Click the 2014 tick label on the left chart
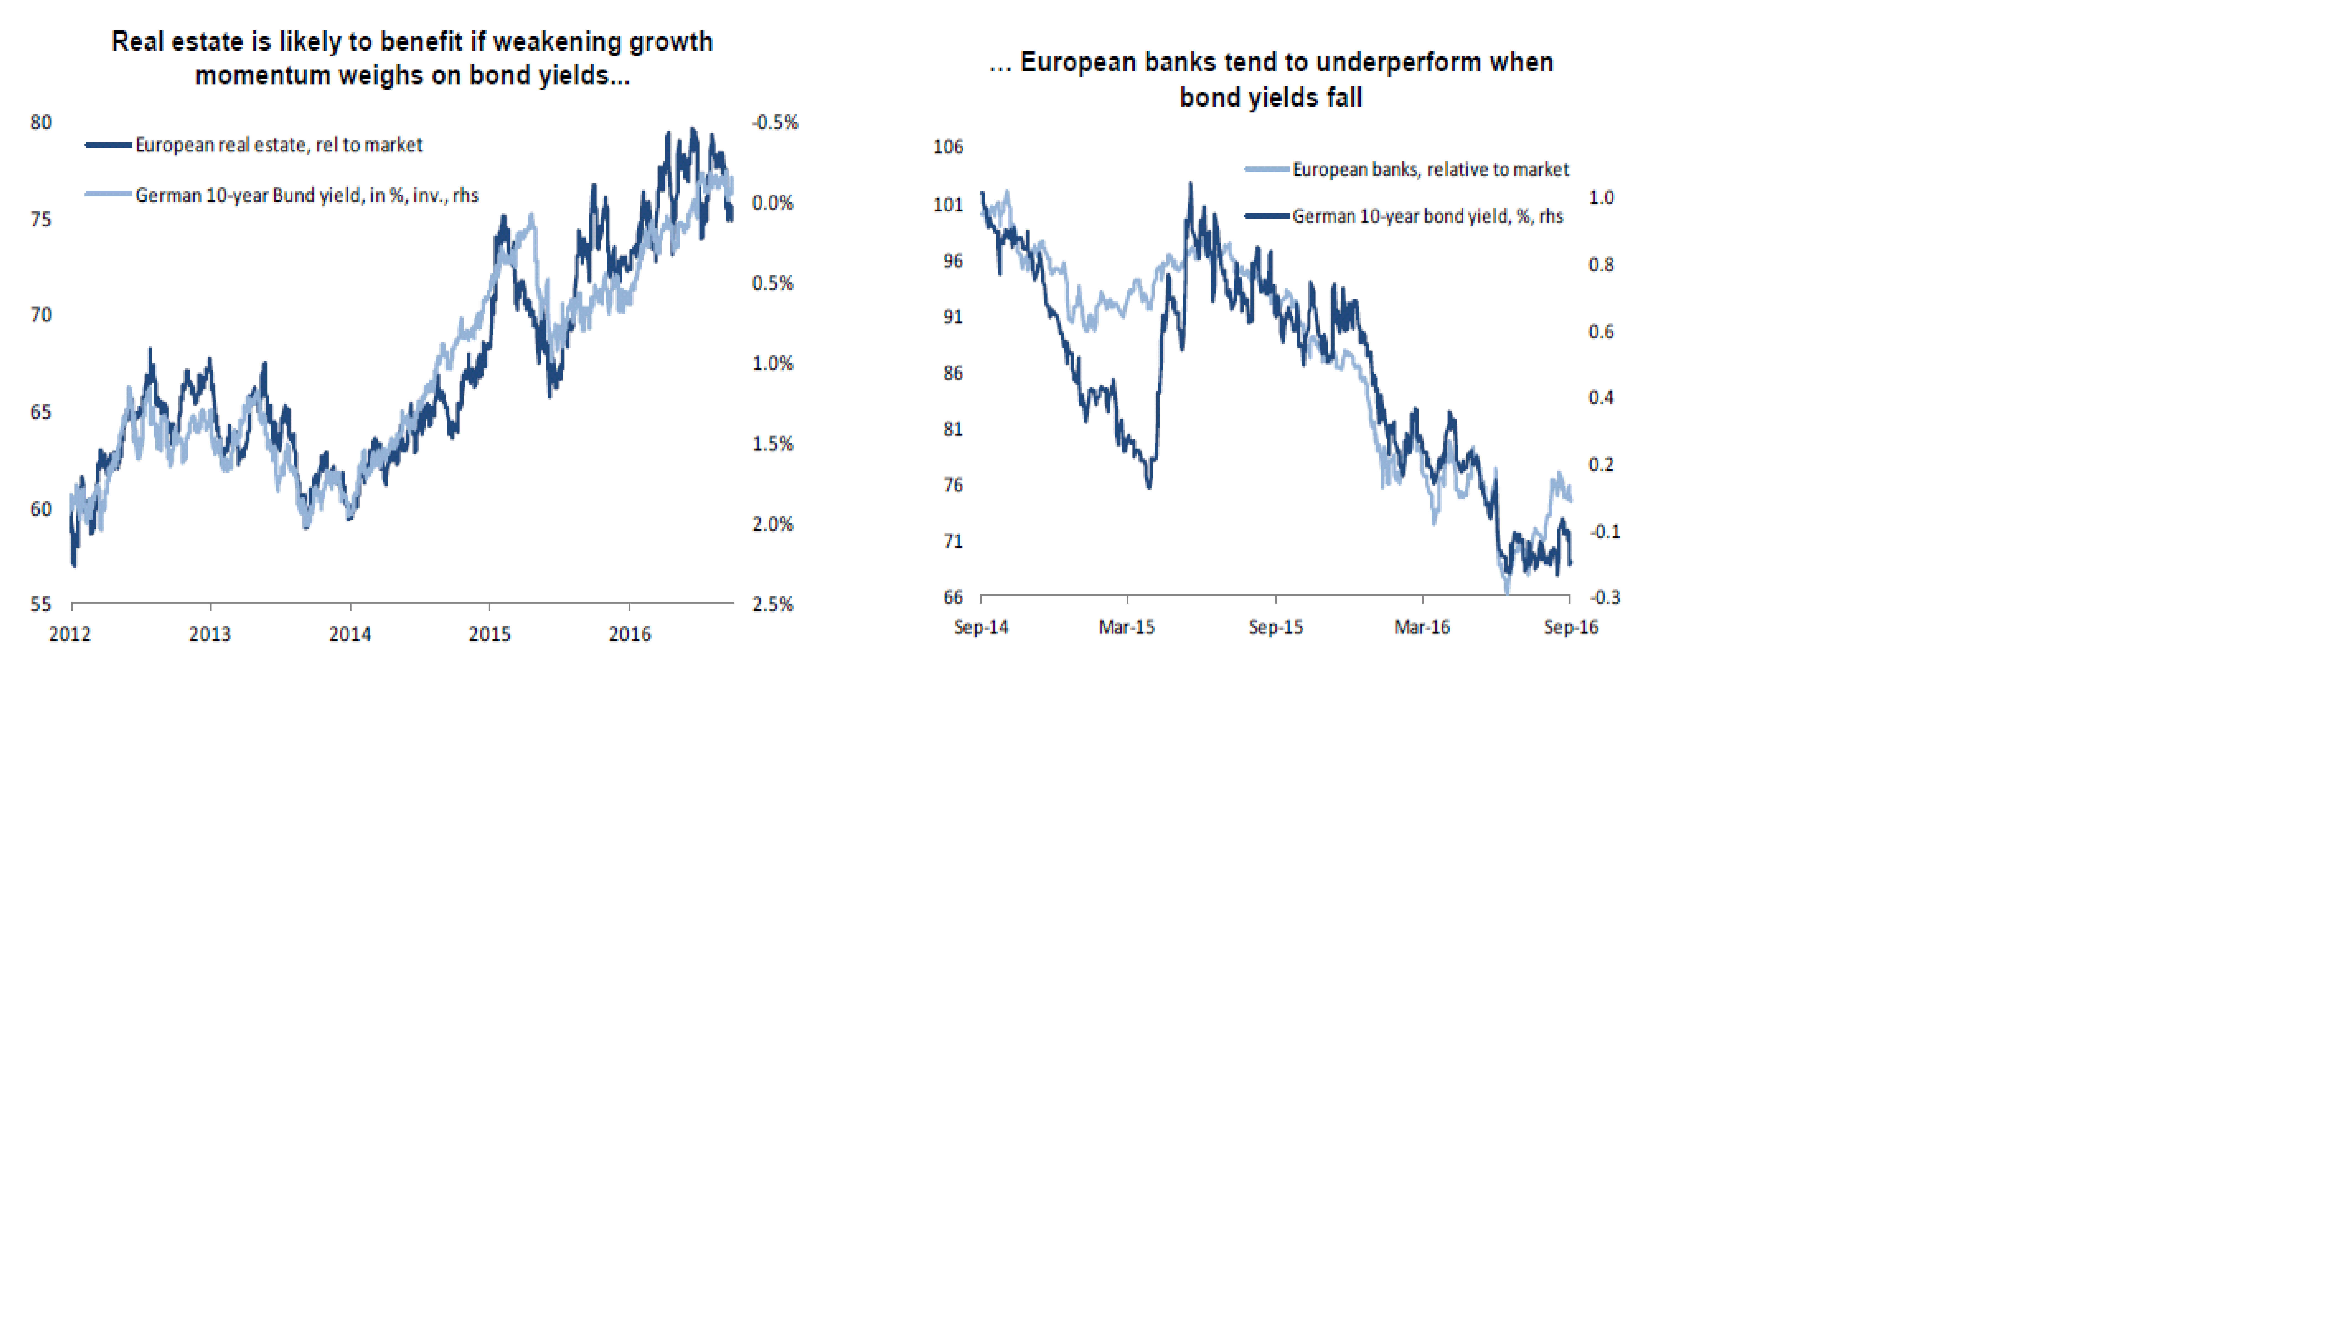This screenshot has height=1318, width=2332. (349, 634)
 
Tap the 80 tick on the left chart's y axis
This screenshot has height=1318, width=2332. (41, 122)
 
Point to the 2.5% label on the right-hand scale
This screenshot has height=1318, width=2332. (772, 604)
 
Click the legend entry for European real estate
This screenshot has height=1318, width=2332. (278, 145)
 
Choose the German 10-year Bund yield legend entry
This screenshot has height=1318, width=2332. (306, 195)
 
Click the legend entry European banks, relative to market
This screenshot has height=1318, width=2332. (1430, 169)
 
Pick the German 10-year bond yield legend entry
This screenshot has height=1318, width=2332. (1427, 216)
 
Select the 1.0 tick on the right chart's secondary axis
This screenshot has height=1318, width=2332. (1601, 197)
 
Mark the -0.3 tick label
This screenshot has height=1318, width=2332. (1604, 596)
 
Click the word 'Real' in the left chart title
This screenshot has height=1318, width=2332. (138, 42)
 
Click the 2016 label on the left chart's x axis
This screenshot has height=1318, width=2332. (629, 634)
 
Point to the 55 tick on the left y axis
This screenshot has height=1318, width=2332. (41, 604)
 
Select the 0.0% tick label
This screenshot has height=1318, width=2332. (772, 203)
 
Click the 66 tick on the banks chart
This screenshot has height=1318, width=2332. (952, 596)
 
